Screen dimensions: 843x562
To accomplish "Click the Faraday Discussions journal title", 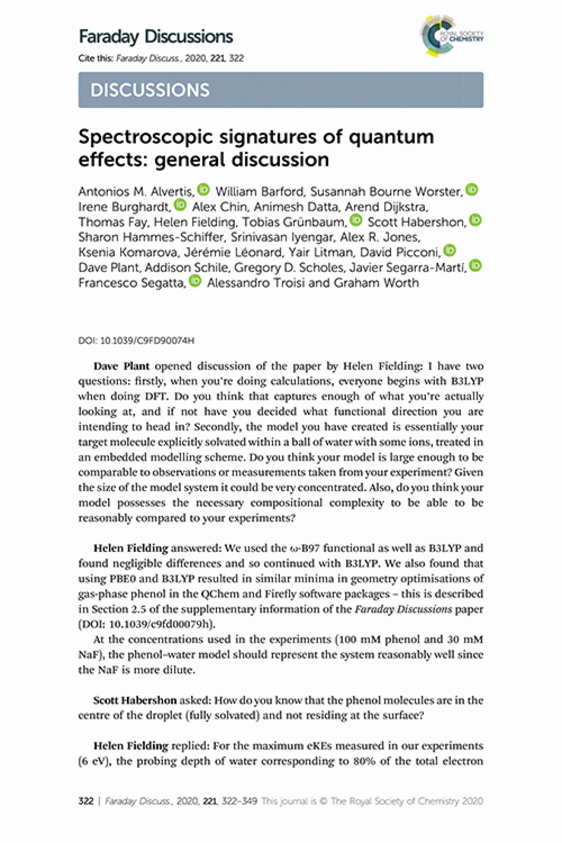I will click(x=156, y=37).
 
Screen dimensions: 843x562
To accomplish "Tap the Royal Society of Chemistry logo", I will click(x=451, y=36).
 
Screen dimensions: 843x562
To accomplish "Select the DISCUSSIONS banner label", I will click(x=150, y=90).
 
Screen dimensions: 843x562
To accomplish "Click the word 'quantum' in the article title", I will click(x=392, y=137).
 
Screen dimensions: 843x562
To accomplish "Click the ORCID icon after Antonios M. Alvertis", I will click(x=203, y=190).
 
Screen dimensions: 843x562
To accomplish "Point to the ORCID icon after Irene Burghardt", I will click(x=180, y=205).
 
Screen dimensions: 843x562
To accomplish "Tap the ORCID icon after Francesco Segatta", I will click(x=195, y=282).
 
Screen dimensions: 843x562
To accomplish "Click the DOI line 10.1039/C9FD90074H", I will click(x=137, y=341).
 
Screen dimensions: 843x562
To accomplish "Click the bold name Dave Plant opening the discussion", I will click(x=121, y=367).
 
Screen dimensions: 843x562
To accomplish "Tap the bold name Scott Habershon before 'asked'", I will click(x=135, y=701).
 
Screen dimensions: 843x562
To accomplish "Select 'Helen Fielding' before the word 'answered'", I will click(x=131, y=548).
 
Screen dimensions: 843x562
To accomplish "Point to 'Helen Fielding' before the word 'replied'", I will click(x=131, y=746).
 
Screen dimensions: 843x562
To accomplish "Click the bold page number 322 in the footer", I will click(x=86, y=801).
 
